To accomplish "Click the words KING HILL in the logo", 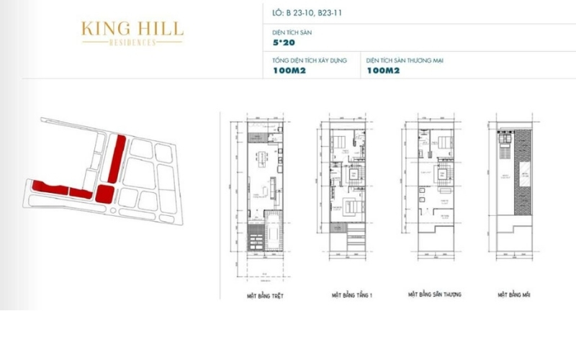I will click(x=132, y=30).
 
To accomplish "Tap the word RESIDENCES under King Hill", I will click(x=132, y=42).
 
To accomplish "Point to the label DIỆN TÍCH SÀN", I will click(x=292, y=32).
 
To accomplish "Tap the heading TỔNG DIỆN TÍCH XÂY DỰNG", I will click(x=309, y=60).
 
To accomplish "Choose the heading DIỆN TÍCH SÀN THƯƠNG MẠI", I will click(x=404, y=60).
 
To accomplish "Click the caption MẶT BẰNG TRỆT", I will click(x=263, y=296).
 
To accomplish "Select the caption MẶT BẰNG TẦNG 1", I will click(x=353, y=296).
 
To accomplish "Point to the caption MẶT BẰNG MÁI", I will click(x=514, y=295).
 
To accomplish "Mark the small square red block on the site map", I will click(x=105, y=193).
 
